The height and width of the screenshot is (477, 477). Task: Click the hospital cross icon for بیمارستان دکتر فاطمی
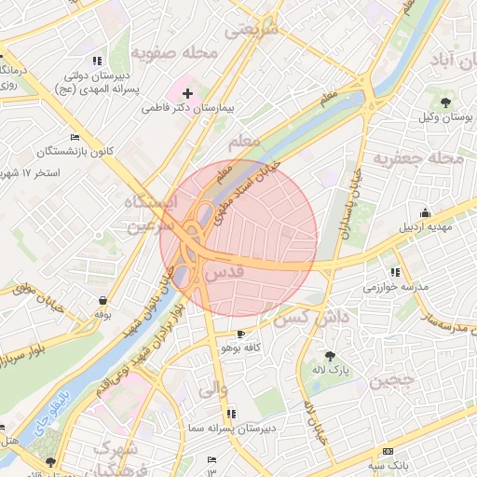click(x=187, y=93)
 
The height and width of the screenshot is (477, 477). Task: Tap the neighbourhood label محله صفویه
click(x=174, y=53)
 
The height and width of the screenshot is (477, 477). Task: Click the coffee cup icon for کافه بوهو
click(x=242, y=334)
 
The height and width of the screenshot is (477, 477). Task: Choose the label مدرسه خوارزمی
click(x=396, y=287)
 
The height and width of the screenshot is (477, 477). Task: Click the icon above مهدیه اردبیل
click(x=426, y=211)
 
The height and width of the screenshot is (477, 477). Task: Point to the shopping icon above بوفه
click(x=102, y=300)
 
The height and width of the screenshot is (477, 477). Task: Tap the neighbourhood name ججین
click(x=391, y=382)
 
